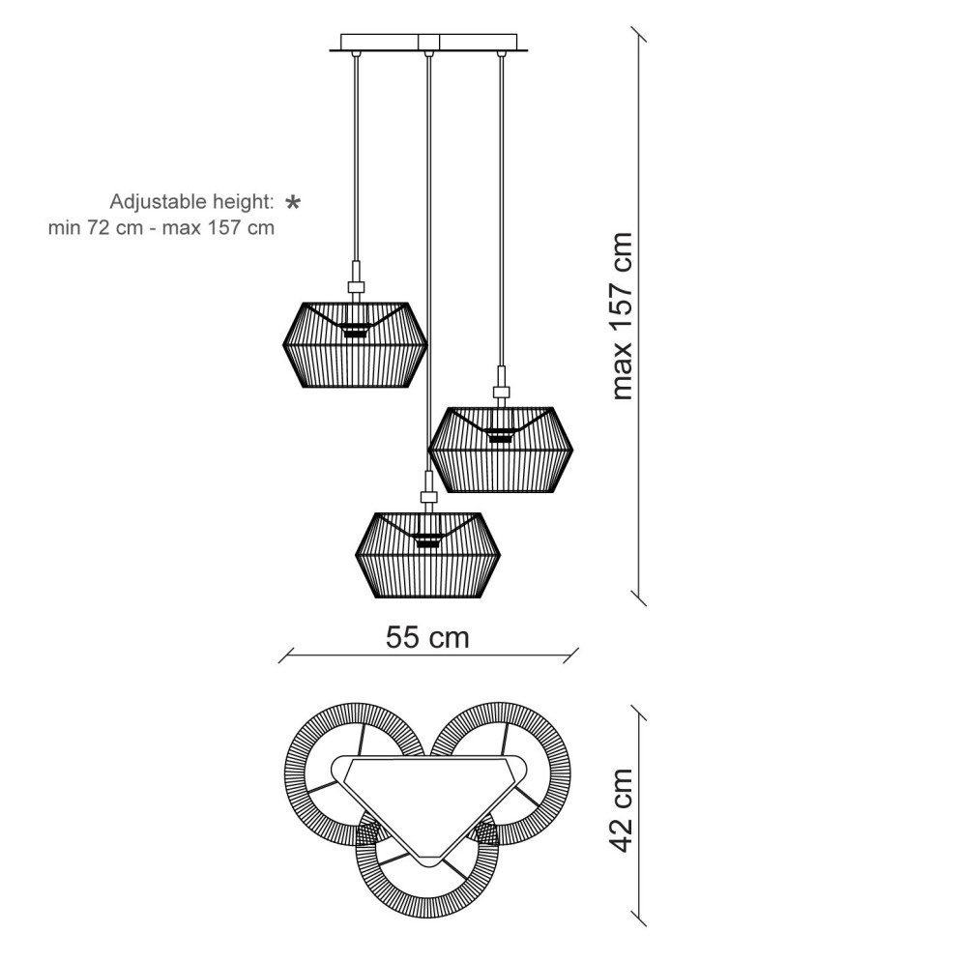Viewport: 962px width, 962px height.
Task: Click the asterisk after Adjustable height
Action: click(293, 202)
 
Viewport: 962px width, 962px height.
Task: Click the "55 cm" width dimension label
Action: click(427, 637)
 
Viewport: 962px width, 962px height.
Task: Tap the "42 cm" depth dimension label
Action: click(621, 810)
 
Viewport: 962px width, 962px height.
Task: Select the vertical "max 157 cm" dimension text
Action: click(622, 316)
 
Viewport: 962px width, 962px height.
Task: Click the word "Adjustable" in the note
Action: click(159, 202)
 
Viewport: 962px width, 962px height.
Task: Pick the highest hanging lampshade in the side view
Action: click(355, 345)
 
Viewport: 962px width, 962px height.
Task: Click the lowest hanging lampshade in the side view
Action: click(427, 555)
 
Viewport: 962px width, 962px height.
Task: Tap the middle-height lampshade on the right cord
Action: click(501, 450)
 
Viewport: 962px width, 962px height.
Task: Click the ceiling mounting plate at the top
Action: click(429, 43)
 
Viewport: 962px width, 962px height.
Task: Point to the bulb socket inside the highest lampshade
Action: click(355, 330)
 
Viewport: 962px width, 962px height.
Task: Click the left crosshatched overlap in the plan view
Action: click(368, 833)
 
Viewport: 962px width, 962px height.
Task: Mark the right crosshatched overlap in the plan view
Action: click(486, 833)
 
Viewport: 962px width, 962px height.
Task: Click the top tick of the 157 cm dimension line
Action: click(639, 35)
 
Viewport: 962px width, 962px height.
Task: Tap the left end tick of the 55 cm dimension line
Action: click(286, 656)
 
